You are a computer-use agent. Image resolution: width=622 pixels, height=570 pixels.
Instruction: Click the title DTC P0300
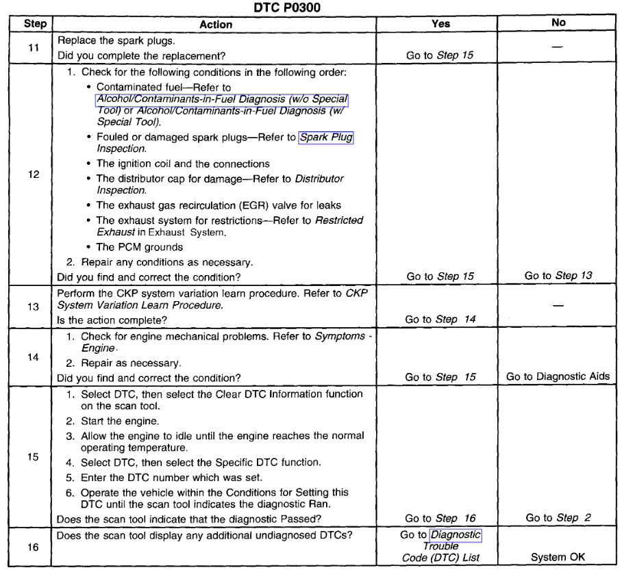310,8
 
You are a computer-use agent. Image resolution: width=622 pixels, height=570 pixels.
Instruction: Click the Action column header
216,24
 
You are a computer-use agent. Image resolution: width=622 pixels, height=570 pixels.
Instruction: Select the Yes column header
440,23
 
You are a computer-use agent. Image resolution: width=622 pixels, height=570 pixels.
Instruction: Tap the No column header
558,23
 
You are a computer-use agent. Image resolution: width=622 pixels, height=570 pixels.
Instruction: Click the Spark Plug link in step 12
326,138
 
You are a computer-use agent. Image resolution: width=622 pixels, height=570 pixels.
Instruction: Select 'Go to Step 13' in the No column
558,276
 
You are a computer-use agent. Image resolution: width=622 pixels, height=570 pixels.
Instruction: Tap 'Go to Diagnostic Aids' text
558,377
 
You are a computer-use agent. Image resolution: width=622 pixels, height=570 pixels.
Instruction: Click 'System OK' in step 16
558,557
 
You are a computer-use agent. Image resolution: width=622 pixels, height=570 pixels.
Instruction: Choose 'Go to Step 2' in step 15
558,518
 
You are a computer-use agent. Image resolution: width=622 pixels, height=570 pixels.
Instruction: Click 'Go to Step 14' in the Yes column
440,320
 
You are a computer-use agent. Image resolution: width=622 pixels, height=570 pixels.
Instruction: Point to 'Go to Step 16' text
440,518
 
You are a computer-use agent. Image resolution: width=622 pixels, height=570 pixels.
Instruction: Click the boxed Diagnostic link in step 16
456,535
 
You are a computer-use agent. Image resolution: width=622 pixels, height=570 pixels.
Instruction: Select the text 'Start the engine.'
120,421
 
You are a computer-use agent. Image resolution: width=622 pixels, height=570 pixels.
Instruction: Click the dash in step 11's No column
558,47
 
